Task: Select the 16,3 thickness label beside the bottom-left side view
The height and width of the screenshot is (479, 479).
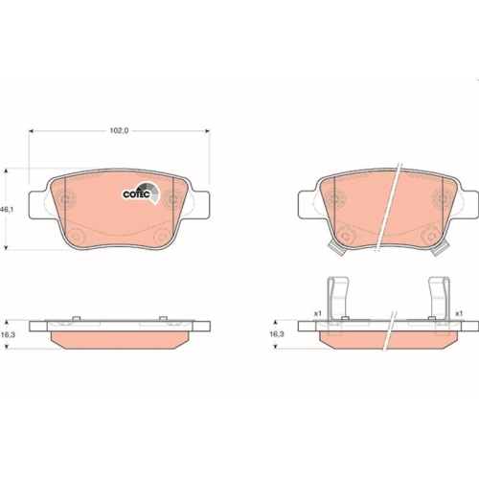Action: (7, 335)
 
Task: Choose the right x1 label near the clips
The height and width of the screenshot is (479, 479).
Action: (460, 313)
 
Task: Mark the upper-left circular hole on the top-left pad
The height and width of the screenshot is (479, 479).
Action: (68, 198)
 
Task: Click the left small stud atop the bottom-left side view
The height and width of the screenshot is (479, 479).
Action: (73, 320)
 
